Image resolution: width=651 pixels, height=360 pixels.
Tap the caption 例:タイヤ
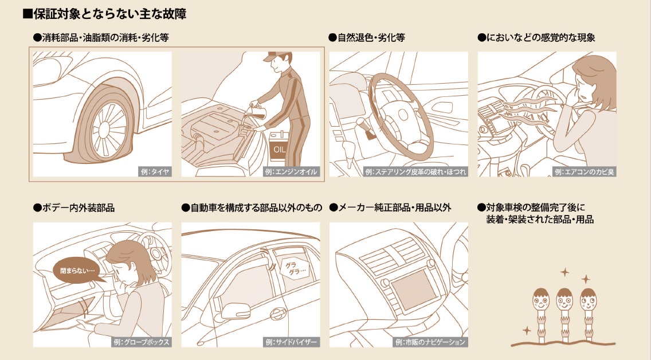point(154,171)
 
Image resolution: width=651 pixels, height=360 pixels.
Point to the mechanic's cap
point(279,57)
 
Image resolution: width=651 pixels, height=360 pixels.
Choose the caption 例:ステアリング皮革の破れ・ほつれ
point(415,171)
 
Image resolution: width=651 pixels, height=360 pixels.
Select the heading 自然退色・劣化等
point(367,38)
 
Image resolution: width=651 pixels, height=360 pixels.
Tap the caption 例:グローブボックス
point(141,342)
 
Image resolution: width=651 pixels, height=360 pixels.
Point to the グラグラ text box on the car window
point(296,267)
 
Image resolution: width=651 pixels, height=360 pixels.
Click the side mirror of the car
point(229,310)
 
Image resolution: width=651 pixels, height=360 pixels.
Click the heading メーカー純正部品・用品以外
point(390,208)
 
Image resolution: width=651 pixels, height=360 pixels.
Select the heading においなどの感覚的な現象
point(536,38)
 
